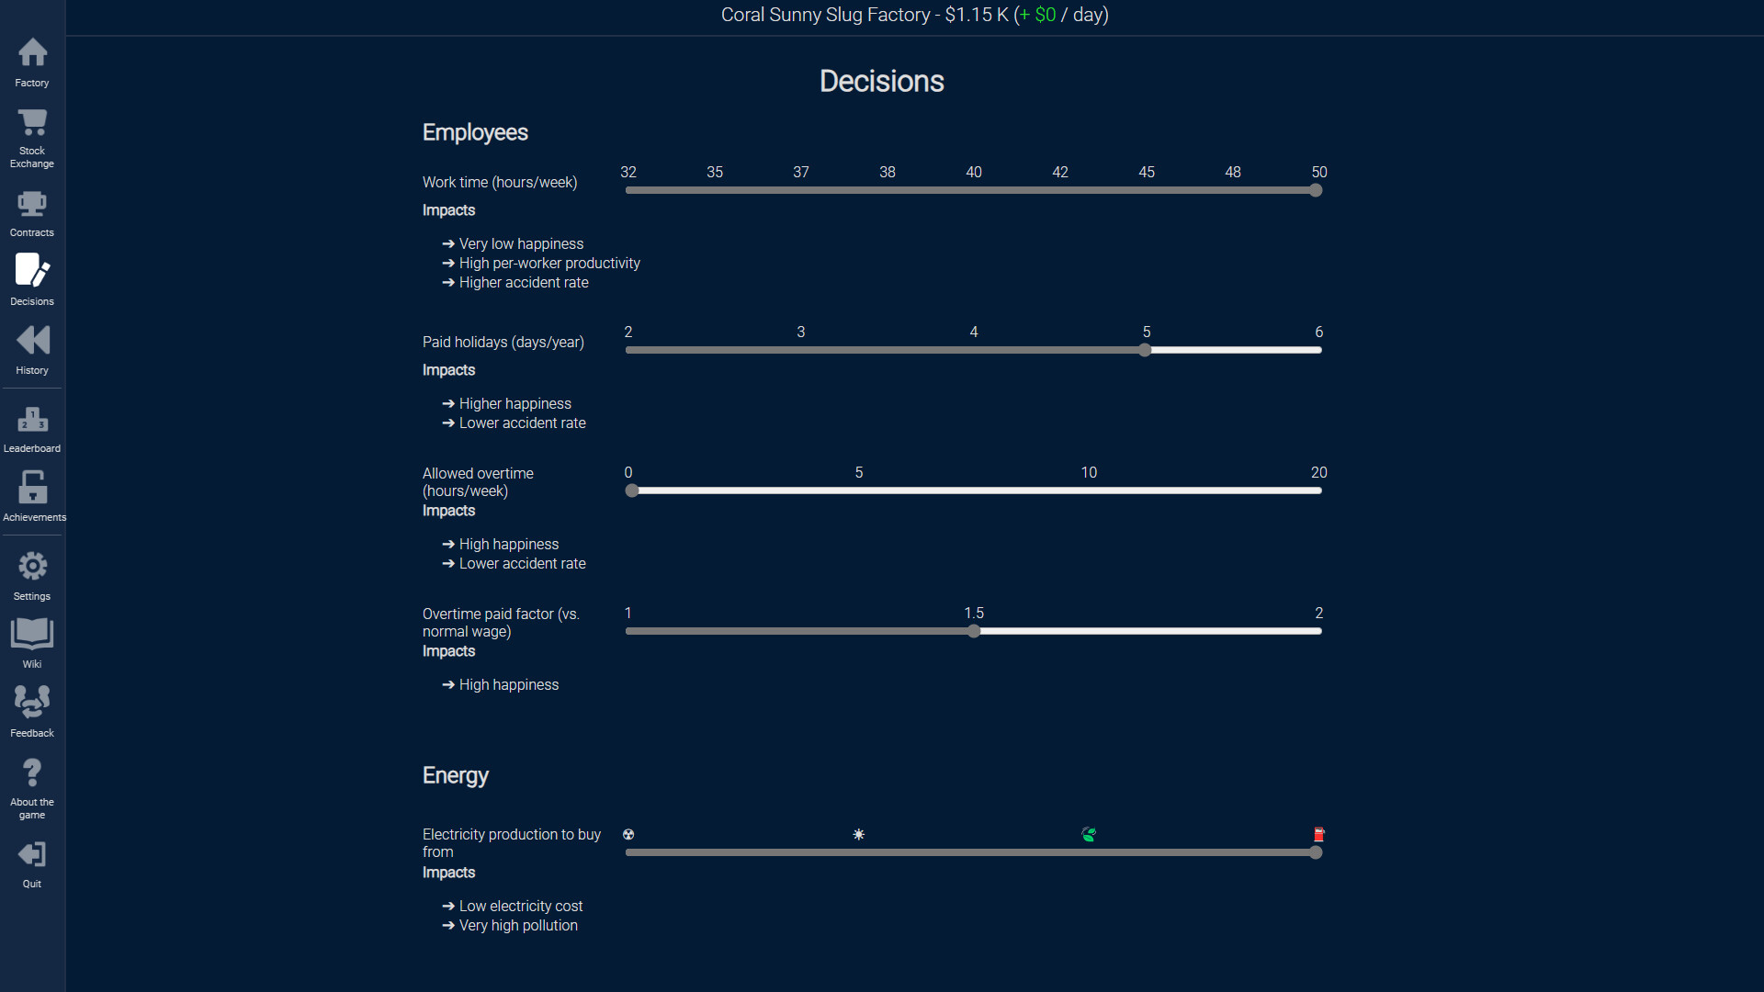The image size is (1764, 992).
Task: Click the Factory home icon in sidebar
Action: [x=32, y=52]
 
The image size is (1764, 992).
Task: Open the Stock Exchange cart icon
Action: [x=32, y=122]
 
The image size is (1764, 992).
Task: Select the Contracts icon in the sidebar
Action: [x=32, y=204]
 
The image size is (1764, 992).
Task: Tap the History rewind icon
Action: [x=32, y=341]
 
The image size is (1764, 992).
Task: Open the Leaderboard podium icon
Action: [x=32, y=420]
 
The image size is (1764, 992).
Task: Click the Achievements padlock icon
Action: [x=32, y=487]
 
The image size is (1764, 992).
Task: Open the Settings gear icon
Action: [x=32, y=566]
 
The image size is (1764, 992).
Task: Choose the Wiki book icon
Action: [x=32, y=633]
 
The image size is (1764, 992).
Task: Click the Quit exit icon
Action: [x=32, y=855]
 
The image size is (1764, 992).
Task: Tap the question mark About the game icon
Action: [x=32, y=772]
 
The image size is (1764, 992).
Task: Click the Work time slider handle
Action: [x=1316, y=190]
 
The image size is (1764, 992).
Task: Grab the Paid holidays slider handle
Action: [x=1145, y=350]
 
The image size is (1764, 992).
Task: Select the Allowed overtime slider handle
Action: [x=631, y=490]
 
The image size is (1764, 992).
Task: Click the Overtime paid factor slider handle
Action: [x=974, y=631]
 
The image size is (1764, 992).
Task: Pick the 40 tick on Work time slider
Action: [x=974, y=173]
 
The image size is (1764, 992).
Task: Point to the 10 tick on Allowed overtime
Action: [x=1089, y=473]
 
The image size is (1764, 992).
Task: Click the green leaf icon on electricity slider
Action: [x=1089, y=834]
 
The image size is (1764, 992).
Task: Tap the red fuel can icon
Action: [x=1318, y=834]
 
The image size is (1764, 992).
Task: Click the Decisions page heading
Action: [x=881, y=81]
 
